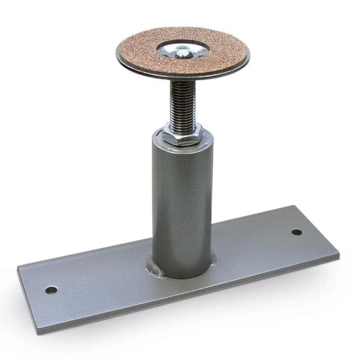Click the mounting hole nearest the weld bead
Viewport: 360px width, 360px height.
pos(51,290)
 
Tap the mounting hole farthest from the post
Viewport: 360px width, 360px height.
pos(296,232)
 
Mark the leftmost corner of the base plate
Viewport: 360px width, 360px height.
pos(18,268)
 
